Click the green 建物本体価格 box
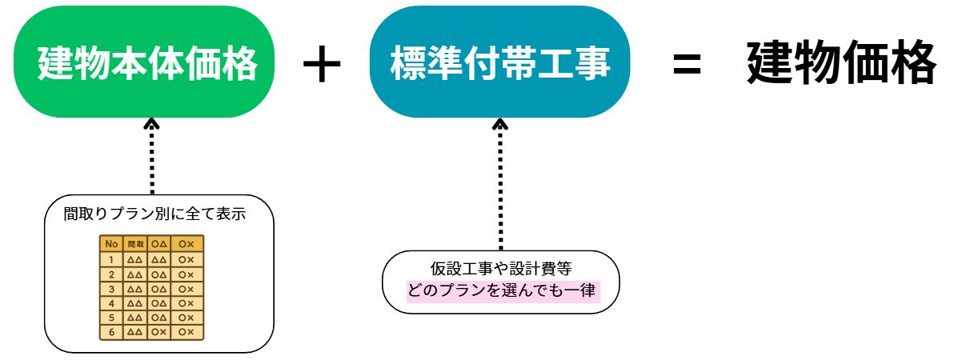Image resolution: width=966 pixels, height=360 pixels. pyautogui.click(x=147, y=62)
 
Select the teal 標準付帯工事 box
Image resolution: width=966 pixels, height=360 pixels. pyautogui.click(x=499, y=62)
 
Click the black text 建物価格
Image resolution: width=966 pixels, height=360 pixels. pyautogui.click(x=840, y=62)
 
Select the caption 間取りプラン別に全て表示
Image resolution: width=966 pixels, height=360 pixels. pyautogui.click(x=154, y=214)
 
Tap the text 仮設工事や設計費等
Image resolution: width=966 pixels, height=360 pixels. pyautogui.click(x=501, y=269)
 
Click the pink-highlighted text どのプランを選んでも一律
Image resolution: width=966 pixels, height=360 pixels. pyautogui.click(x=501, y=290)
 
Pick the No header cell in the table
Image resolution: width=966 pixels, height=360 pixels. pyautogui.click(x=111, y=244)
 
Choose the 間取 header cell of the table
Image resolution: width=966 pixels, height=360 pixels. pyautogui.click(x=135, y=244)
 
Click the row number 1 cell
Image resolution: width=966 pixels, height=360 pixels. pyautogui.click(x=111, y=259)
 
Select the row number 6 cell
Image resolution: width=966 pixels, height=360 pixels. pyautogui.click(x=111, y=331)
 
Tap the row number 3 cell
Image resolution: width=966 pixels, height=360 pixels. pyautogui.click(x=111, y=288)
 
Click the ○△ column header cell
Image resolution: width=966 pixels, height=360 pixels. pyautogui.click(x=158, y=244)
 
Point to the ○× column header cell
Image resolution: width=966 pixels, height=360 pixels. pyautogui.click(x=186, y=244)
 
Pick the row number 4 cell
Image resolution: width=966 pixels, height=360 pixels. pyautogui.click(x=111, y=302)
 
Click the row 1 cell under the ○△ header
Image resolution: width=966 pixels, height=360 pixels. pyautogui.click(x=158, y=259)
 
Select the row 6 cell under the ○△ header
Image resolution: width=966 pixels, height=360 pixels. pyautogui.click(x=158, y=331)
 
